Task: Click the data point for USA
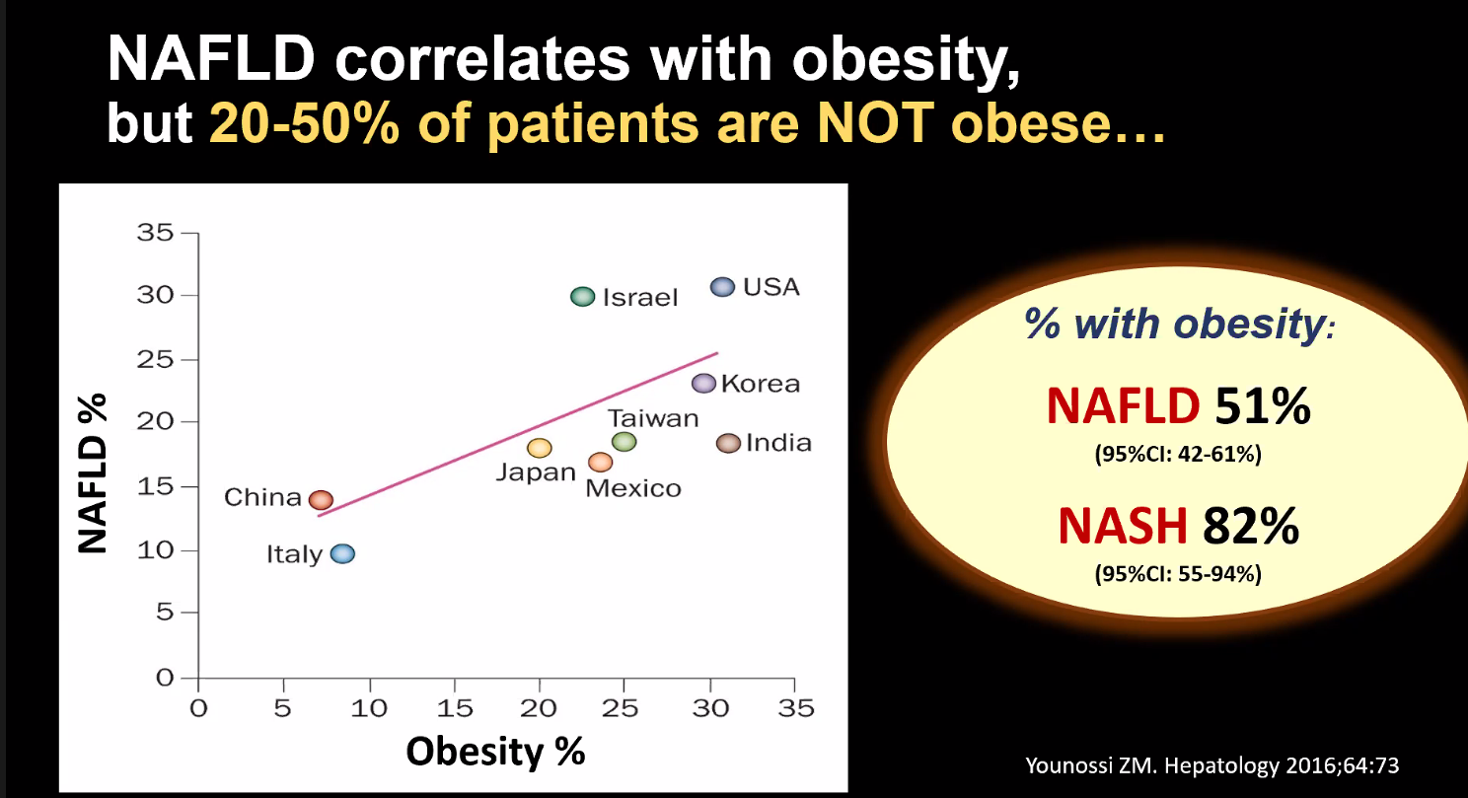tap(723, 287)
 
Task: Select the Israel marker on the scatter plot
tap(583, 296)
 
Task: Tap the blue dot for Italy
tap(342, 553)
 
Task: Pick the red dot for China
tap(322, 500)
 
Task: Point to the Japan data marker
tap(540, 448)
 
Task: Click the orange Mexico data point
tap(600, 462)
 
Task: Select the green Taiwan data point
tap(624, 442)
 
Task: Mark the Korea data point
tap(702, 383)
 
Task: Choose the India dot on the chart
tap(728, 443)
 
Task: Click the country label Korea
tap(761, 384)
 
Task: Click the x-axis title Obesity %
tap(496, 752)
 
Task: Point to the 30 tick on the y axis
tap(159, 296)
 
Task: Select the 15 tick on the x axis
tap(454, 708)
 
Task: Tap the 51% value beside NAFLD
tap(1263, 405)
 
